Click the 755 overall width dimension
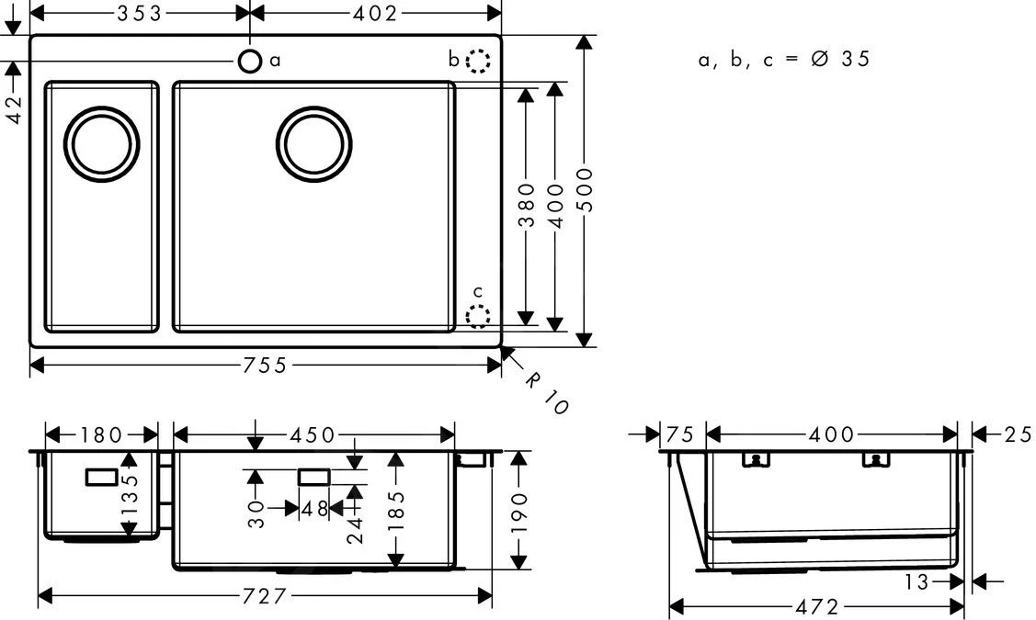pyautogui.click(x=266, y=366)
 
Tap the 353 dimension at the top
pyautogui.click(x=139, y=13)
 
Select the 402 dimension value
pyautogui.click(x=375, y=13)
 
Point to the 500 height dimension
pyautogui.click(x=585, y=190)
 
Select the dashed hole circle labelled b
pyautogui.click(x=478, y=61)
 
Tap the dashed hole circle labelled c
pyautogui.click(x=478, y=316)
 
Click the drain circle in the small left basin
pyautogui.click(x=102, y=144)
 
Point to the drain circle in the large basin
pyautogui.click(x=313, y=144)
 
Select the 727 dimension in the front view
pyautogui.click(x=265, y=596)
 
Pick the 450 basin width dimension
pyautogui.click(x=314, y=434)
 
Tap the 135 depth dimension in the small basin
pyautogui.click(x=130, y=494)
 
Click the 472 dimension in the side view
pyautogui.click(x=816, y=607)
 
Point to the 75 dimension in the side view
pyautogui.click(x=681, y=434)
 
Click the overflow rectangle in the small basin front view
pyautogui.click(x=102, y=477)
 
